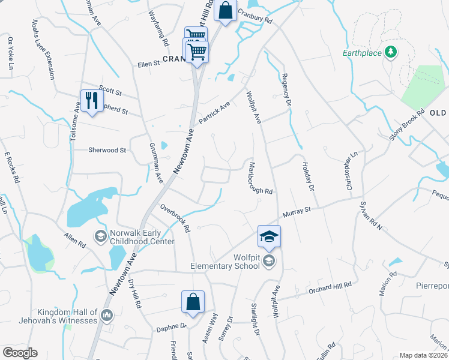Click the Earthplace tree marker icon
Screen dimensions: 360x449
pyautogui.click(x=391, y=53)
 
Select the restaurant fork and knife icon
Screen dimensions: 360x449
pyautogui.click(x=92, y=100)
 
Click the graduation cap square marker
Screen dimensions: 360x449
pyautogui.click(x=270, y=236)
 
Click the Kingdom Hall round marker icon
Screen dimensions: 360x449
pyautogui.click(x=107, y=314)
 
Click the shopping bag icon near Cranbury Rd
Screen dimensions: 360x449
pyautogui.click(x=225, y=11)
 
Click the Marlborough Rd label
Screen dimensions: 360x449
pyautogui.click(x=261, y=178)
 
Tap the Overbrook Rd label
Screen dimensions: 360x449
pyautogui.click(x=175, y=218)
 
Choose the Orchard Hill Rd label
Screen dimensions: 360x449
pyautogui.click(x=330, y=287)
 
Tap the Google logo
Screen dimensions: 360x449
pyautogui.click(x=20, y=353)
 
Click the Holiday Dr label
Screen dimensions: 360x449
pyautogui.click(x=308, y=174)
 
